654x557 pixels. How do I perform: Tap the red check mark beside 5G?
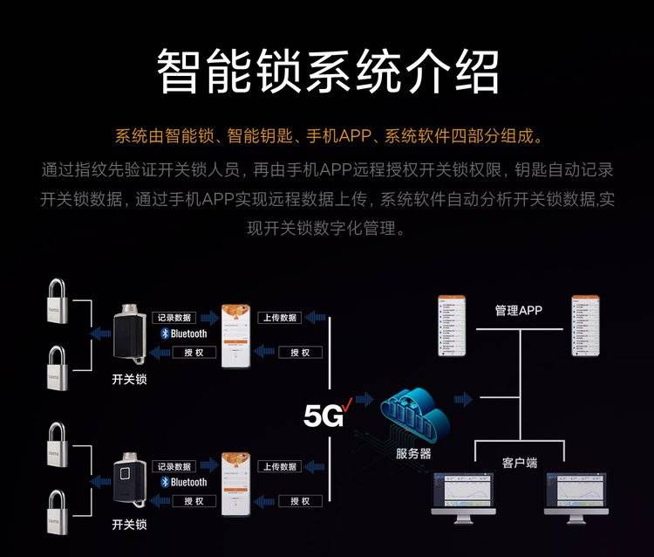point(347,403)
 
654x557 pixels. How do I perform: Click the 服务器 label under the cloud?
point(413,453)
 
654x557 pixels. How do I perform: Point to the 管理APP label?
point(519,310)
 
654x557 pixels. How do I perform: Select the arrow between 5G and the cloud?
point(364,400)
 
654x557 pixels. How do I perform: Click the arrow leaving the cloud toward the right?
point(464,400)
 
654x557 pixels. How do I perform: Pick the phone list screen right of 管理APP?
point(585,327)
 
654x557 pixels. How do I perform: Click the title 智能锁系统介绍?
point(327,71)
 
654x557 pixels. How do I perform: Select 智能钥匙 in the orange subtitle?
point(255,137)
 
